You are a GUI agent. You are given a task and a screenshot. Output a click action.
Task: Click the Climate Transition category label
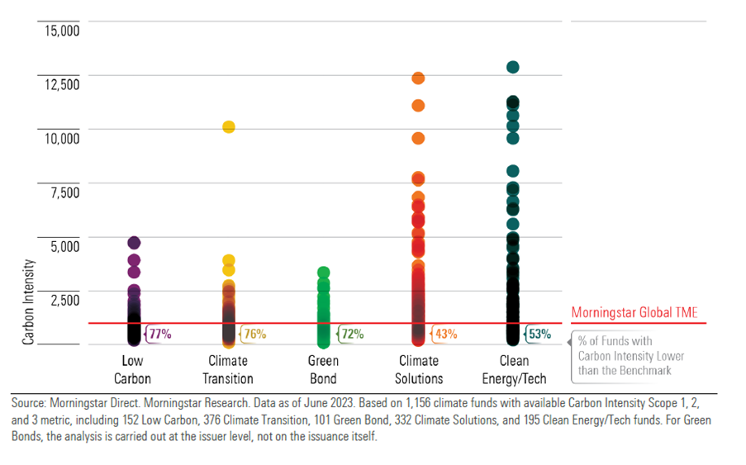pos(228,369)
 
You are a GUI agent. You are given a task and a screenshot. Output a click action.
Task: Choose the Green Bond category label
pos(323,369)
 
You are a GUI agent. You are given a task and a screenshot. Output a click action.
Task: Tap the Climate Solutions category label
pos(420,369)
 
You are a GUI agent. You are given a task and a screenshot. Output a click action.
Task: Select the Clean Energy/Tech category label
pos(514,369)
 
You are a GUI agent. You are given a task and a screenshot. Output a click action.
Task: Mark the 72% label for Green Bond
pos(353,335)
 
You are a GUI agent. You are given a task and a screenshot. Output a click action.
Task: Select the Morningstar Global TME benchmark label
pos(634,313)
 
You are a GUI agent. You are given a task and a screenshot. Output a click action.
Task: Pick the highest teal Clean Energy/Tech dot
pos(512,67)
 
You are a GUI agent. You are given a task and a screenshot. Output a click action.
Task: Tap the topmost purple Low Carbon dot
pos(134,243)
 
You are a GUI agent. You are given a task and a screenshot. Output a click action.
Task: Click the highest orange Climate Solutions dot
pos(418,78)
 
